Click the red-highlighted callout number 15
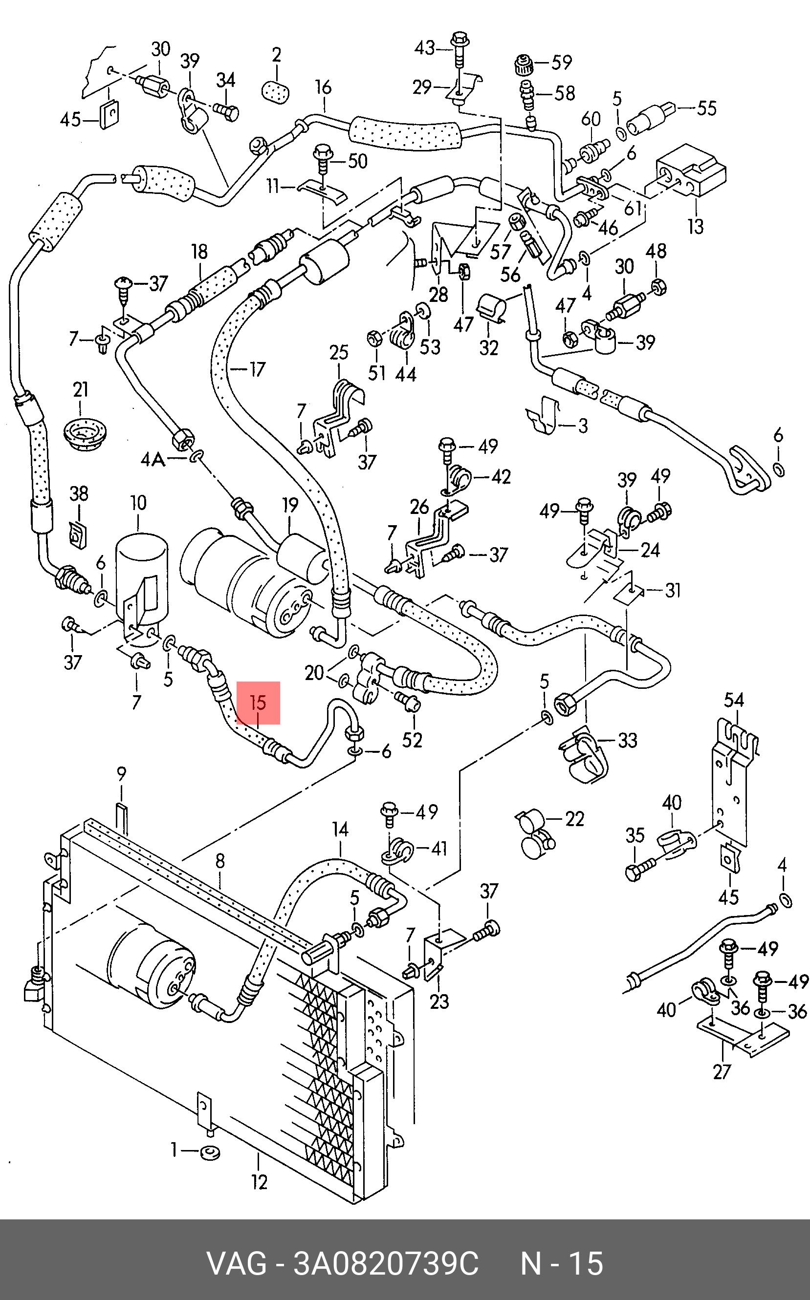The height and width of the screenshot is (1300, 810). coord(258,703)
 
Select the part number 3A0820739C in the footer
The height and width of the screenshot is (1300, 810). coord(385,1263)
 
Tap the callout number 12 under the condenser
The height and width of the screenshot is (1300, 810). coord(259,1182)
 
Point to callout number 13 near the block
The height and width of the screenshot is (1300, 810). coord(695,227)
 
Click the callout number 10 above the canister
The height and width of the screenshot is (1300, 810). coord(138,503)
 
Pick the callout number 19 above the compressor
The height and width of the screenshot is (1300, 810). coord(290,506)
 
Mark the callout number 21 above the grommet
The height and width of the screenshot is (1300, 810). coord(80,390)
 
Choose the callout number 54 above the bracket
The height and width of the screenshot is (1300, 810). coord(734,700)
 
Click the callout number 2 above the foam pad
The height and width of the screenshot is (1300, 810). coord(276,55)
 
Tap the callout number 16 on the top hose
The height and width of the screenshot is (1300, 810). coord(323,87)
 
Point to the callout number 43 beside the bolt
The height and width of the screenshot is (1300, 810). coord(424,48)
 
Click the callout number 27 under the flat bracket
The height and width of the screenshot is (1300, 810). coord(722,1071)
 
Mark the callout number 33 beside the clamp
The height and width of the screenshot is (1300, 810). coord(627,741)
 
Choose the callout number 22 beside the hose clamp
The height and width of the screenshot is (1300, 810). coord(574,819)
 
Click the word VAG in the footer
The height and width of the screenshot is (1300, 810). coord(236,1263)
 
